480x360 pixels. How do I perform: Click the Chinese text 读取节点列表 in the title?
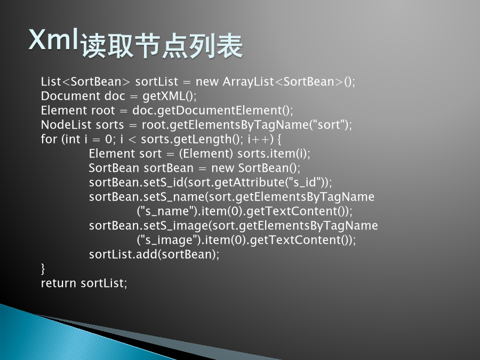click(162, 46)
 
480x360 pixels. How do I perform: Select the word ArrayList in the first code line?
click(248, 82)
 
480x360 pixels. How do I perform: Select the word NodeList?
click(66, 125)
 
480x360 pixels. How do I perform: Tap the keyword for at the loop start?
click(49, 139)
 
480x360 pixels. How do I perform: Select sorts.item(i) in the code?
click(272, 154)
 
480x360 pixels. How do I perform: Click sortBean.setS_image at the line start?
click(148, 226)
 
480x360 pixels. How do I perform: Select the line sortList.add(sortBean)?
click(154, 254)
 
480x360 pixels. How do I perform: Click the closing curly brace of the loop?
click(43, 269)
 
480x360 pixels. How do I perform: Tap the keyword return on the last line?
click(59, 284)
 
